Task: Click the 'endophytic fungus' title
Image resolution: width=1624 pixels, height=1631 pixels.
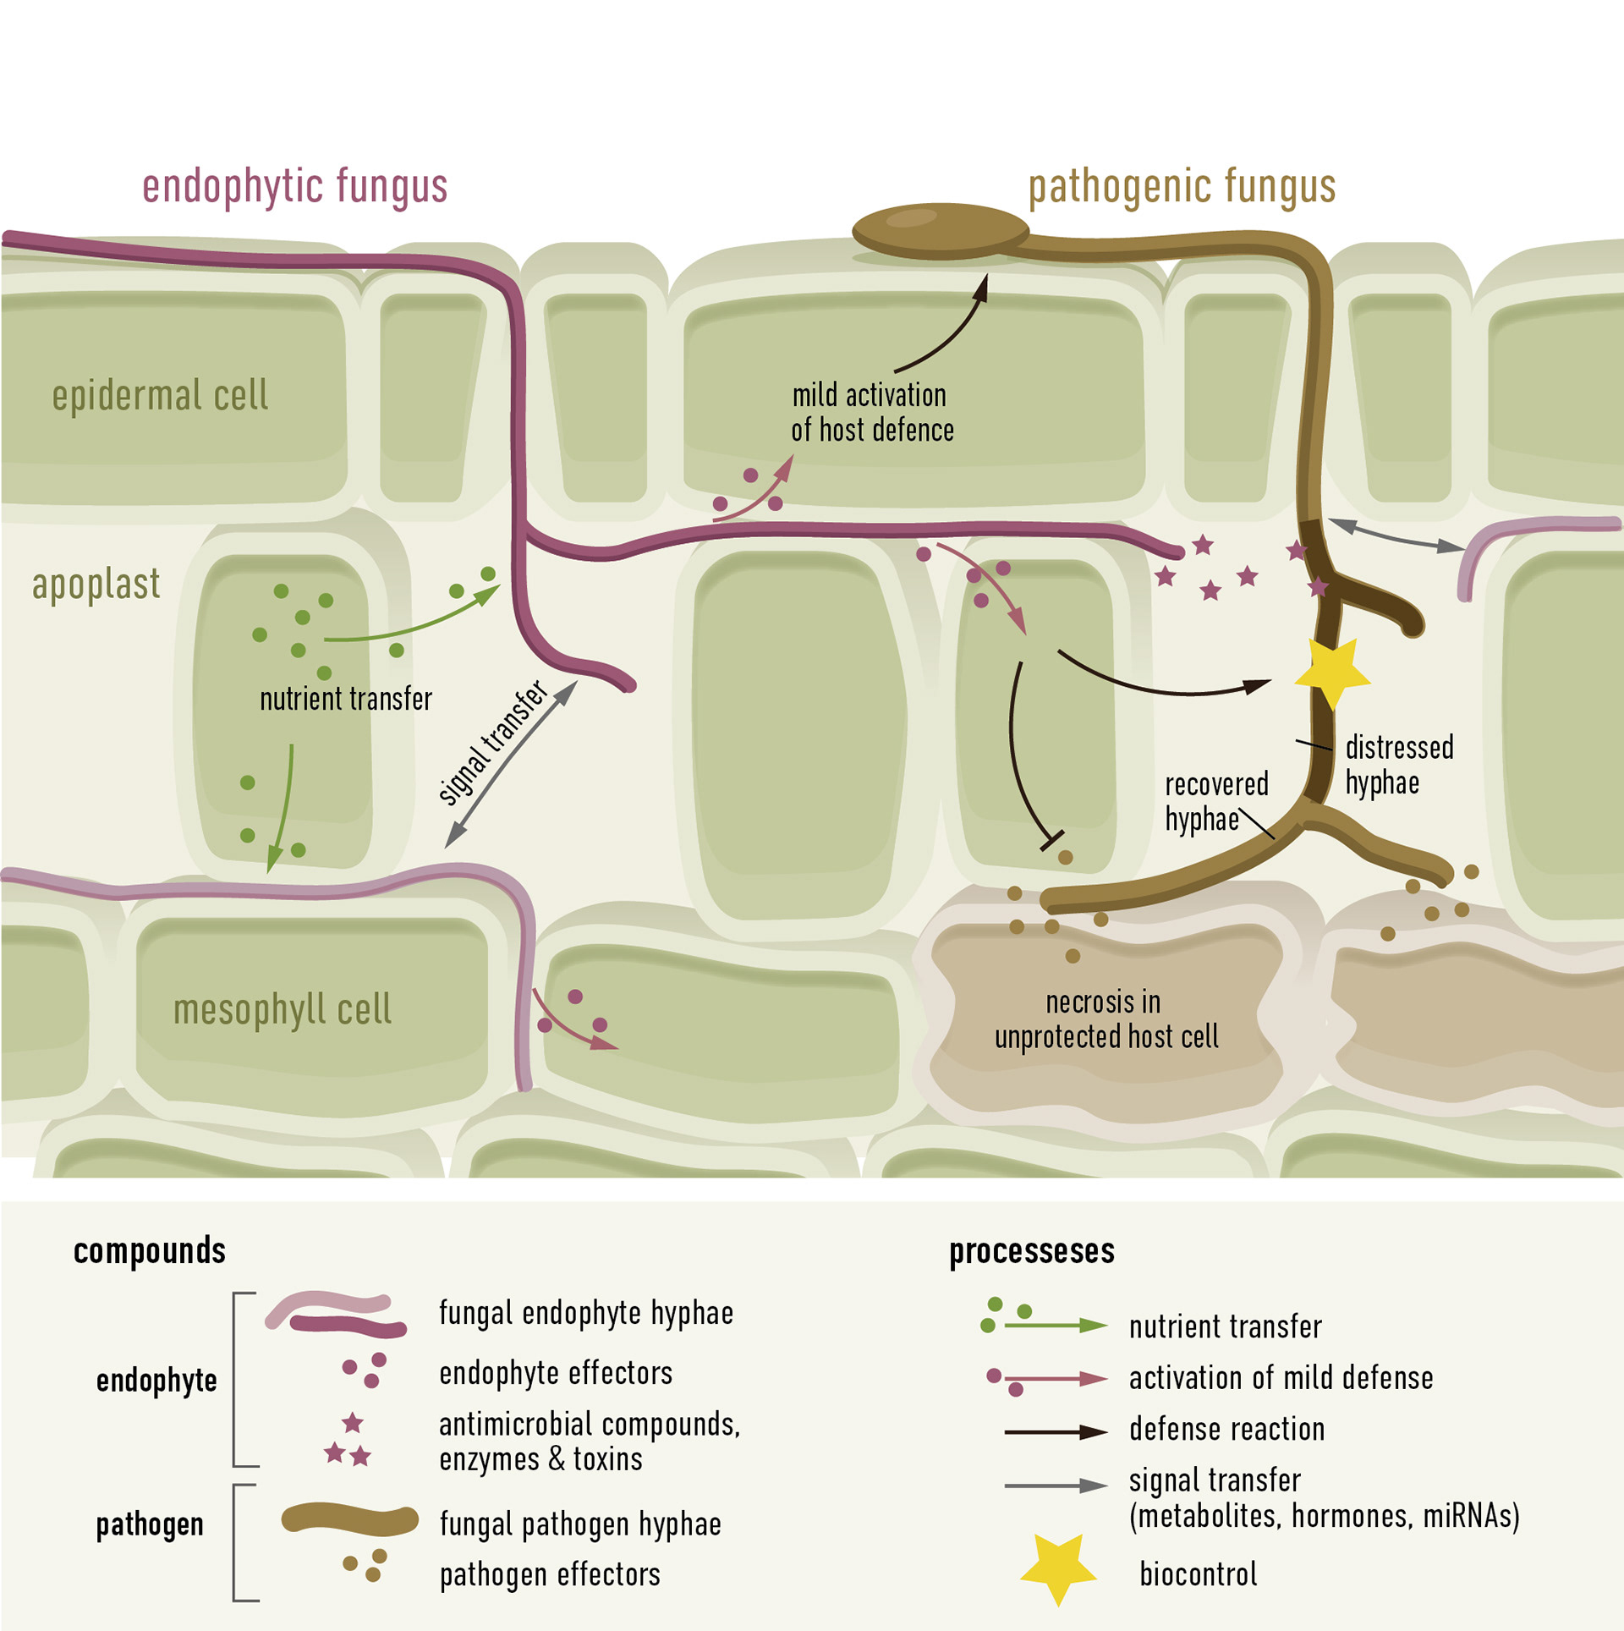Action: tap(294, 186)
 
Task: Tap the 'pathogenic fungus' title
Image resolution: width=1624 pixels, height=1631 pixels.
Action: tap(1182, 186)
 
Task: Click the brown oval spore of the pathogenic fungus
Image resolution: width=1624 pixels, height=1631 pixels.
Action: tap(940, 230)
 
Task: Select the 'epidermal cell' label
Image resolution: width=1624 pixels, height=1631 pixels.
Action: tap(160, 395)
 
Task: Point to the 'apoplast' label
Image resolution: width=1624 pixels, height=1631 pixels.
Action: tap(96, 584)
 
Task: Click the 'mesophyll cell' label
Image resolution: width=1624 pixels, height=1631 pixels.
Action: tap(283, 1008)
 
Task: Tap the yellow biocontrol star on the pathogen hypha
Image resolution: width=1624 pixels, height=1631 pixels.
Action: tap(1331, 671)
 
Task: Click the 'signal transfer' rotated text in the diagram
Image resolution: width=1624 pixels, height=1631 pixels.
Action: tap(493, 742)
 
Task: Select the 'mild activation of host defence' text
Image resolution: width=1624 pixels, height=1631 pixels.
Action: tap(872, 412)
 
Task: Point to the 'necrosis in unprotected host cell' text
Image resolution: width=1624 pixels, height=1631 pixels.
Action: tap(1106, 1019)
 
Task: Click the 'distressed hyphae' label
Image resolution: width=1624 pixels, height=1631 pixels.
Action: tap(1399, 765)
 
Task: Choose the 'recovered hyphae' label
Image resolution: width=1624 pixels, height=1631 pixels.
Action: tap(1215, 801)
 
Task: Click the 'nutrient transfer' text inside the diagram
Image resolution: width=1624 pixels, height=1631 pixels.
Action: tap(345, 699)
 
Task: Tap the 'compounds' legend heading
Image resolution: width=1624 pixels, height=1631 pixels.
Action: tap(150, 1250)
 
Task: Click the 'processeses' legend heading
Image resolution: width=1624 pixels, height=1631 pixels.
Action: tap(1032, 1250)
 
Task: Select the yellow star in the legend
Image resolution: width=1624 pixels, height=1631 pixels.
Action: tap(1058, 1568)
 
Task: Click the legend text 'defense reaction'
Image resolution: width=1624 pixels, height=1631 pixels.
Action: tap(1226, 1429)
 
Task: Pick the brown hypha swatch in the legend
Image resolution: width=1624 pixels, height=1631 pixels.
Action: tap(349, 1519)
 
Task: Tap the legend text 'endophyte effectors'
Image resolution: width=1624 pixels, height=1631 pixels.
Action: tap(556, 1372)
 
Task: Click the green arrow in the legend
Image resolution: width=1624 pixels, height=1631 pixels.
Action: tap(1056, 1325)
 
